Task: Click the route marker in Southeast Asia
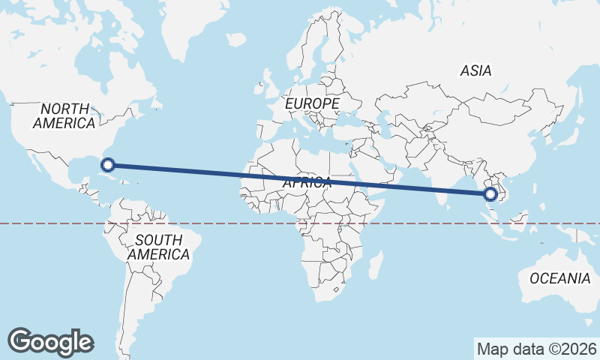point(490,195)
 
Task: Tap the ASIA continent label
point(476,71)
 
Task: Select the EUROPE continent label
point(313,103)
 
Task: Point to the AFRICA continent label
point(307,182)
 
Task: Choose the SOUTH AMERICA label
point(157,247)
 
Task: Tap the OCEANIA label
point(559,278)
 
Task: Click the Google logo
point(50,342)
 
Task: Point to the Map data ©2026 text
point(537,349)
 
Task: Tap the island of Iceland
point(236,40)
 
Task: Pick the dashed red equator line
point(225,223)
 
